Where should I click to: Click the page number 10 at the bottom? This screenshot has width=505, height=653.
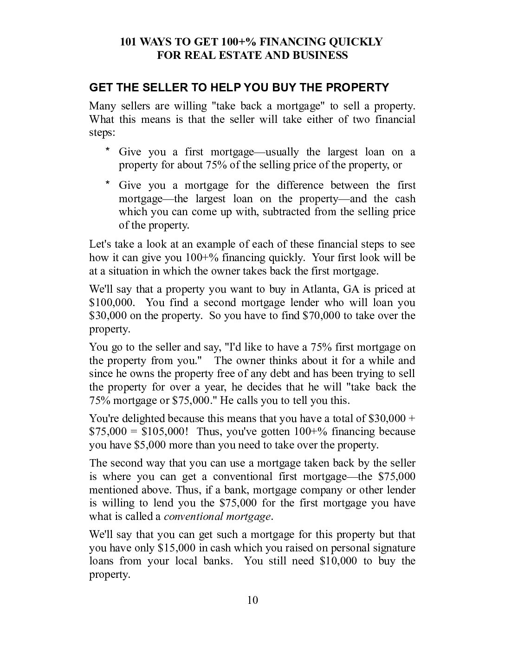pyautogui.click(x=252, y=600)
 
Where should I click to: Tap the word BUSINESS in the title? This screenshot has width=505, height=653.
pyautogui.click(x=320, y=56)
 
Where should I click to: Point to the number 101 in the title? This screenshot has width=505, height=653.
pyautogui.click(x=129, y=42)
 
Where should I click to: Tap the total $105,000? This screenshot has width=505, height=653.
pyautogui.click(x=165, y=432)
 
